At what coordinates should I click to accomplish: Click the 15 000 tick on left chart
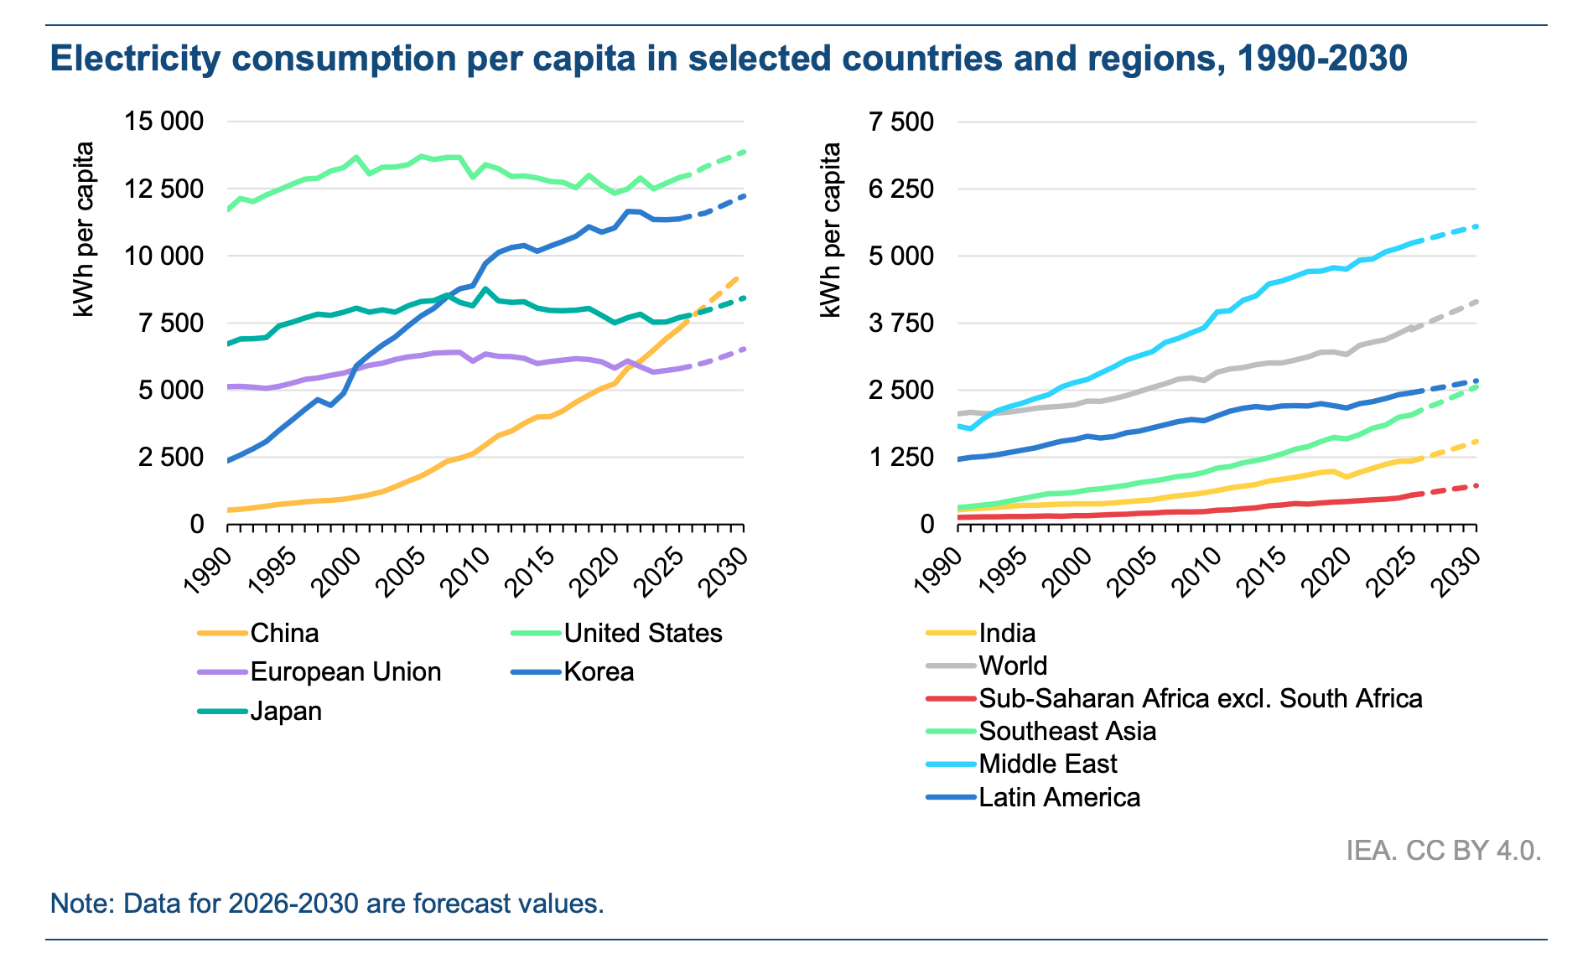164,122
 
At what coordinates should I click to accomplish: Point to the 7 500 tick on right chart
901,122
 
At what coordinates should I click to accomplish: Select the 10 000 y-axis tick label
164,256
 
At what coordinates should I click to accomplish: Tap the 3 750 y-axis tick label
901,323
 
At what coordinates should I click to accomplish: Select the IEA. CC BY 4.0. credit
1443,851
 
